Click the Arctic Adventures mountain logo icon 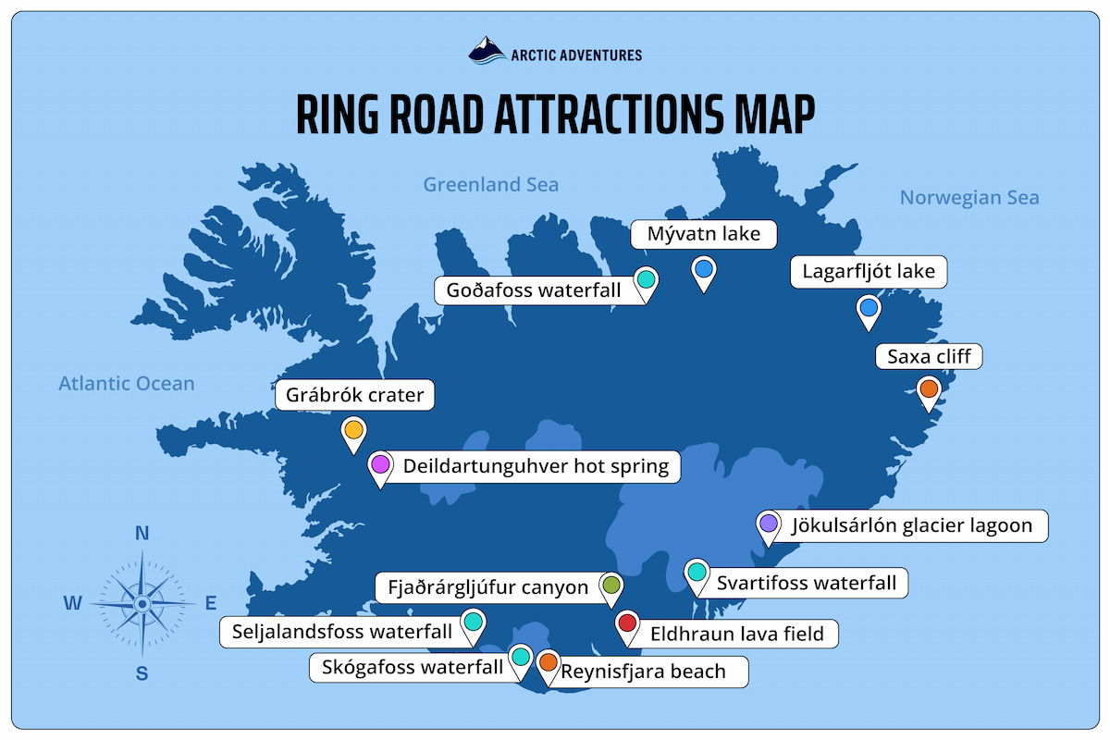pyautogui.click(x=487, y=50)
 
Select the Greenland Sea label pyautogui.click(x=490, y=185)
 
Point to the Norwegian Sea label pyautogui.click(x=968, y=197)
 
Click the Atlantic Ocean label pyautogui.click(x=127, y=383)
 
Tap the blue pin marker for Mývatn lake pyautogui.click(x=704, y=269)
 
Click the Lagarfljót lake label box pyautogui.click(x=869, y=272)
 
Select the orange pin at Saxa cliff pyautogui.click(x=929, y=388)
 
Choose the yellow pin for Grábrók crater pyautogui.click(x=353, y=430)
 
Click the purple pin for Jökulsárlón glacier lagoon pyautogui.click(x=768, y=524)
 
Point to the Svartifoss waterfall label pyautogui.click(x=807, y=583)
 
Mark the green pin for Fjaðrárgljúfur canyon pyautogui.click(x=610, y=585)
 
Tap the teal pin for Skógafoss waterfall pyautogui.click(x=521, y=657)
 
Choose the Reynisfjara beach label pyautogui.click(x=644, y=672)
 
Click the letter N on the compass pyautogui.click(x=142, y=533)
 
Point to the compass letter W pyautogui.click(x=72, y=604)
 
